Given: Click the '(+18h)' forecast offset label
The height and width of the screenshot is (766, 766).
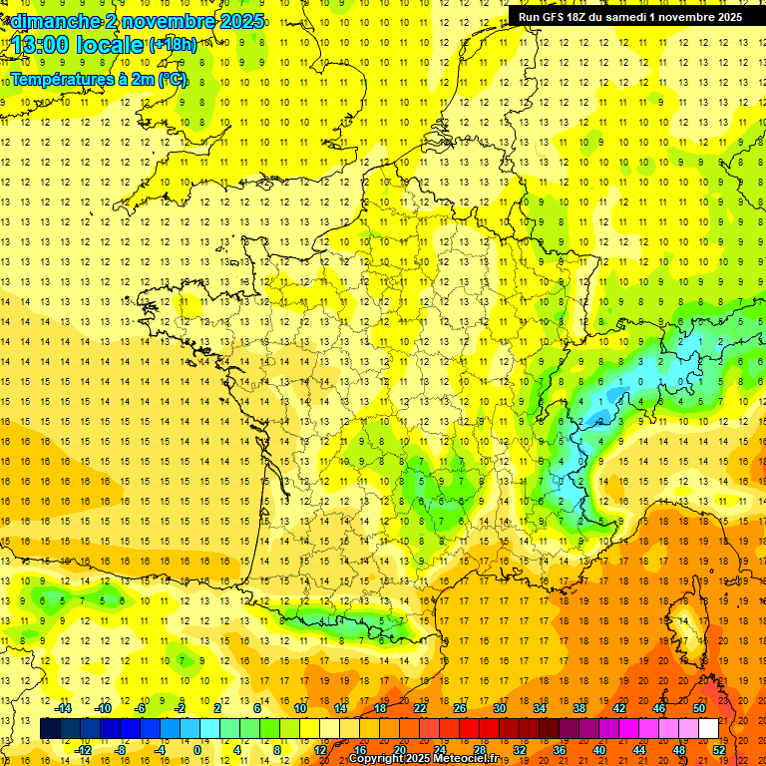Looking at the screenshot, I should click(173, 44).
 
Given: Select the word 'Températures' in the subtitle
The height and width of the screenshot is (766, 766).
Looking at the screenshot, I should click(59, 79).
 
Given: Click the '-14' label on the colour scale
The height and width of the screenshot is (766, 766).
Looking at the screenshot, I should click(64, 708).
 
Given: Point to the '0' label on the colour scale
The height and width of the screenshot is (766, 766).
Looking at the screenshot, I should click(197, 750).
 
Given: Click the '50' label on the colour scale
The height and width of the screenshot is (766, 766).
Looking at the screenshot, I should click(698, 708).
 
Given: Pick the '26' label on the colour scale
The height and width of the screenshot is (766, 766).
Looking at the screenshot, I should click(461, 708).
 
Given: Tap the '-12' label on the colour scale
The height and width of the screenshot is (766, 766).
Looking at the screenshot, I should click(83, 750).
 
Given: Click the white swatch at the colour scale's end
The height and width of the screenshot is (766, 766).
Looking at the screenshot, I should click(708, 729).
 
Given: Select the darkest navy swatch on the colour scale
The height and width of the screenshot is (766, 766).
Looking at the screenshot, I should click(50, 729).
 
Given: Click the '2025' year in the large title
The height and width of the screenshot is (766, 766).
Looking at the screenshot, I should click(241, 21).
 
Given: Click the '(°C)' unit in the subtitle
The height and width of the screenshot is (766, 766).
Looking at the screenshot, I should click(172, 79).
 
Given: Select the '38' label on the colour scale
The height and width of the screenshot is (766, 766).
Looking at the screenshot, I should click(579, 708).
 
